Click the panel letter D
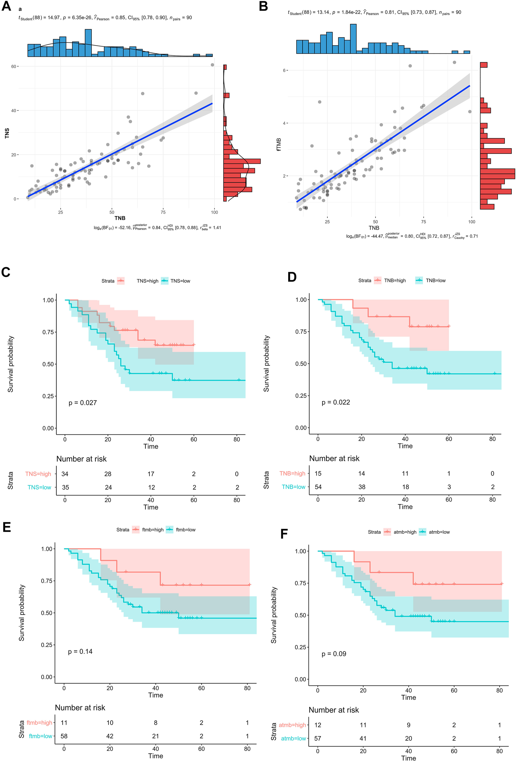click(x=292, y=277)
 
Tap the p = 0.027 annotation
click(x=83, y=403)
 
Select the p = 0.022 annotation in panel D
click(x=336, y=402)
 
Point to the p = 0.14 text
click(x=80, y=652)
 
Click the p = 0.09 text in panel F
click(x=334, y=654)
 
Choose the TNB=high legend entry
click(x=395, y=280)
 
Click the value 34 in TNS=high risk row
click(x=65, y=474)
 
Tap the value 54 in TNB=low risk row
click(x=318, y=487)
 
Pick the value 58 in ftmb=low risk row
click(x=64, y=736)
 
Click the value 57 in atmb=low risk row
click(x=318, y=738)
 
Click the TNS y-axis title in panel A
click(x=7, y=133)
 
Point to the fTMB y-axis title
click(x=279, y=144)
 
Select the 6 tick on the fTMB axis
click(x=285, y=70)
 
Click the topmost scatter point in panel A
click(x=212, y=65)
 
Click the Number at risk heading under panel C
click(x=81, y=459)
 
